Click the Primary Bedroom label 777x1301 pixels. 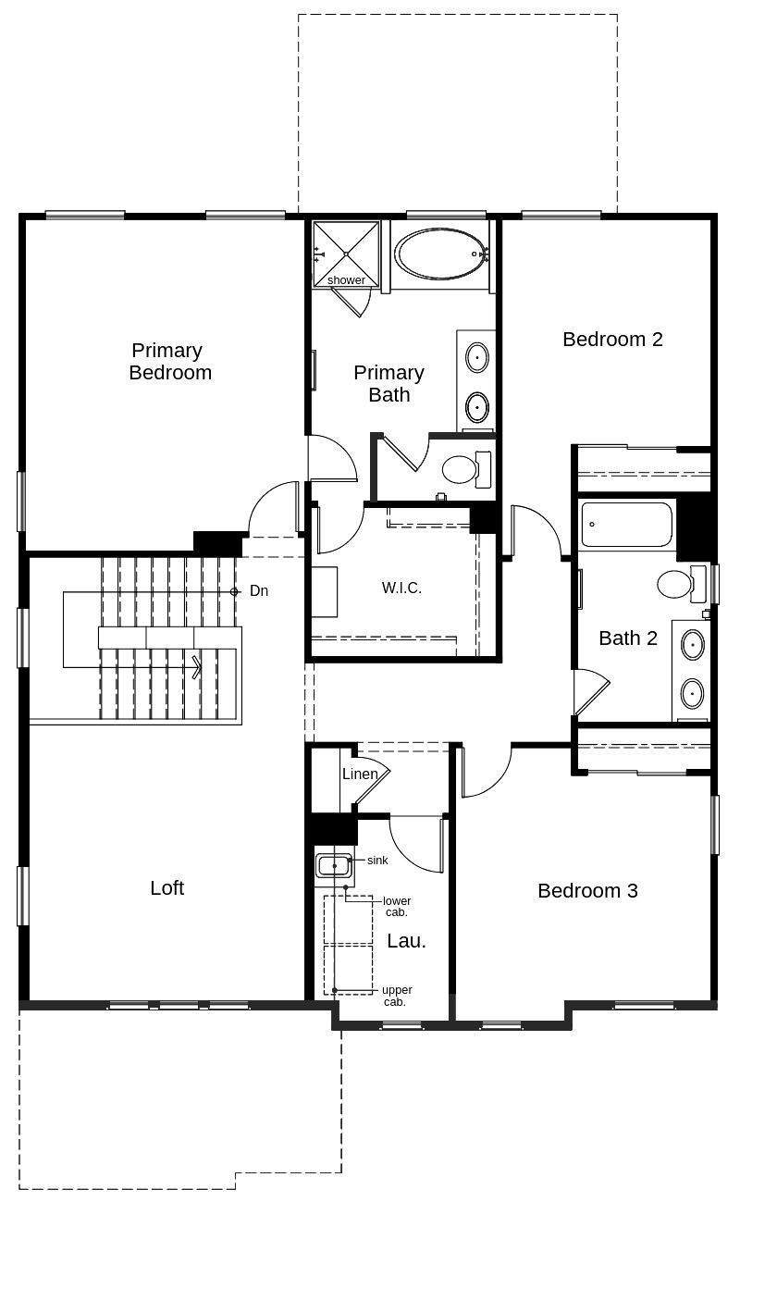tap(170, 361)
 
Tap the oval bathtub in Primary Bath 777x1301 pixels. tap(442, 254)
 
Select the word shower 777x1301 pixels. tap(346, 280)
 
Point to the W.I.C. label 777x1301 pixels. tap(401, 588)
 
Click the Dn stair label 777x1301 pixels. tap(259, 590)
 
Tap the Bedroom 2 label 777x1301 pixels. tap(612, 340)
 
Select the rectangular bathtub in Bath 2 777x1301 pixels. tap(626, 525)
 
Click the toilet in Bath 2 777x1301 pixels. tap(681, 584)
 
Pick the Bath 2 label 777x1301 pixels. tap(628, 638)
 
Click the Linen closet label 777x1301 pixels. tap(360, 774)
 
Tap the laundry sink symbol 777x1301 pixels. tap(334, 866)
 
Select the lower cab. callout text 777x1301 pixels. tap(397, 906)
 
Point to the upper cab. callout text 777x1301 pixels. tap(397, 996)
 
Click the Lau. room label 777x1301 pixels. tap(406, 941)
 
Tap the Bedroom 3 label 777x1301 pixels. tap(587, 891)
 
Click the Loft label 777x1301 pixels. tap(167, 888)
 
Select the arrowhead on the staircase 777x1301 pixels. tap(197, 667)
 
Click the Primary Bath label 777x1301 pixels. tap(389, 383)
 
